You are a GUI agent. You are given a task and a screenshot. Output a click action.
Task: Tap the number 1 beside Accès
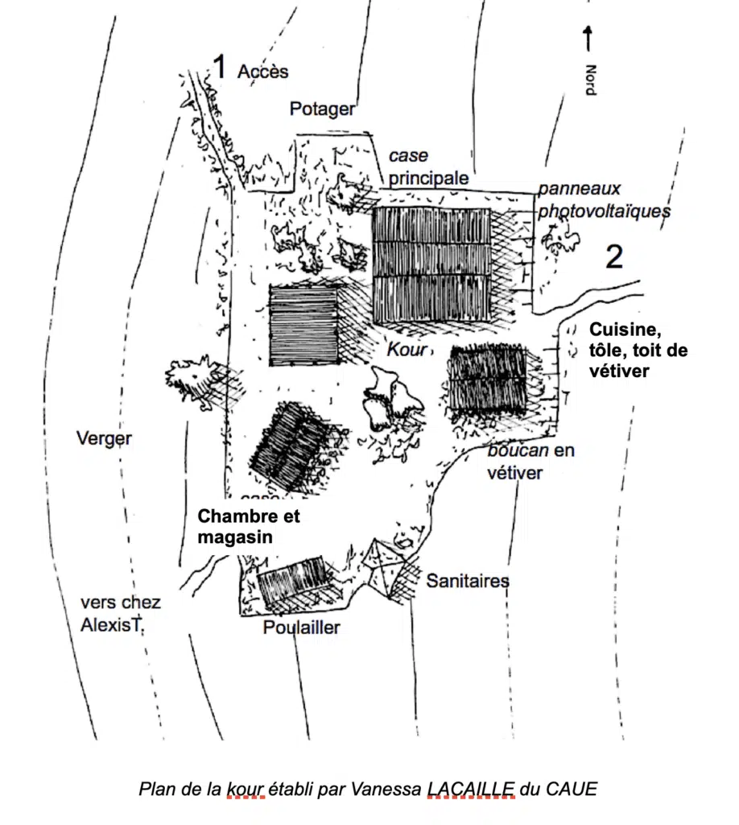click(218, 68)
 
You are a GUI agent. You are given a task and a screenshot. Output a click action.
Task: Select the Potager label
click(322, 110)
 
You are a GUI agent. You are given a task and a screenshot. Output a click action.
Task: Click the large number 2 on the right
click(613, 257)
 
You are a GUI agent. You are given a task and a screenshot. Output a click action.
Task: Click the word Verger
click(104, 438)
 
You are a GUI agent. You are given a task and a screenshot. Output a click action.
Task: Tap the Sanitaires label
click(468, 580)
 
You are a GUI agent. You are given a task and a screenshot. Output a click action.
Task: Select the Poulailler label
click(302, 628)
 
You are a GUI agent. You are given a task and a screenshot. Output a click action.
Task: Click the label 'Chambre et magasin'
click(249, 525)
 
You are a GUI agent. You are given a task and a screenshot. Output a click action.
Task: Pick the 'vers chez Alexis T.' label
click(121, 613)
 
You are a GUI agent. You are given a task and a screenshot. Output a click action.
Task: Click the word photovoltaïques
click(605, 211)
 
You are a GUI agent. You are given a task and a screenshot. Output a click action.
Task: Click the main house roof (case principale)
click(432, 266)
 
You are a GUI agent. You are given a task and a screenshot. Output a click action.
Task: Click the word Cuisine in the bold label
click(620, 330)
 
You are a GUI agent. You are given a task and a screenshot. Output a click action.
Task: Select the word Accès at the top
click(263, 72)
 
